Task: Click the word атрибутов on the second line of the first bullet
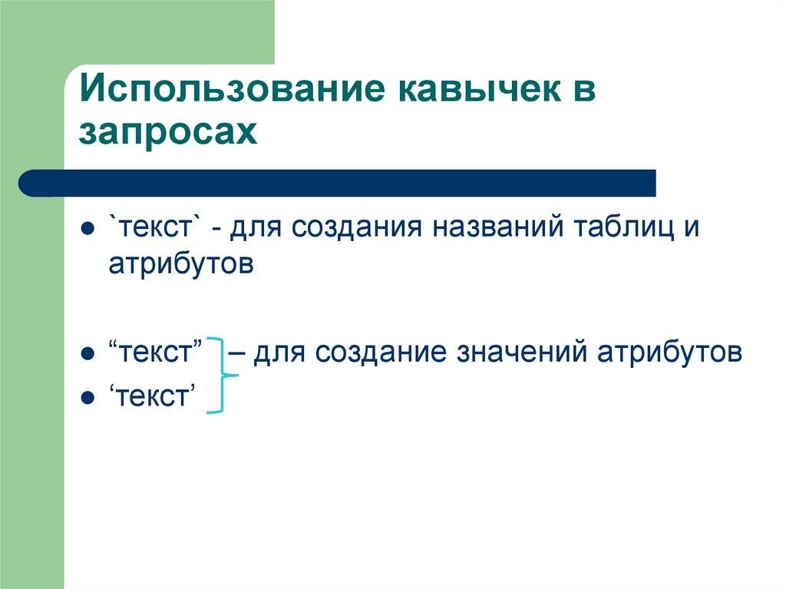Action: click(180, 264)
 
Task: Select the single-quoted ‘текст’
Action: click(150, 397)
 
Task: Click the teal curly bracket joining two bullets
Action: click(222, 376)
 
